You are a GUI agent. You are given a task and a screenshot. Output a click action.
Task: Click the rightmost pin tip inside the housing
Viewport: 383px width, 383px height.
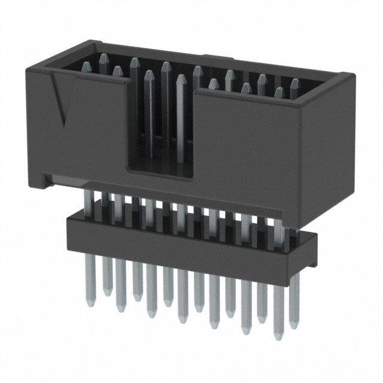tap(294, 81)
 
